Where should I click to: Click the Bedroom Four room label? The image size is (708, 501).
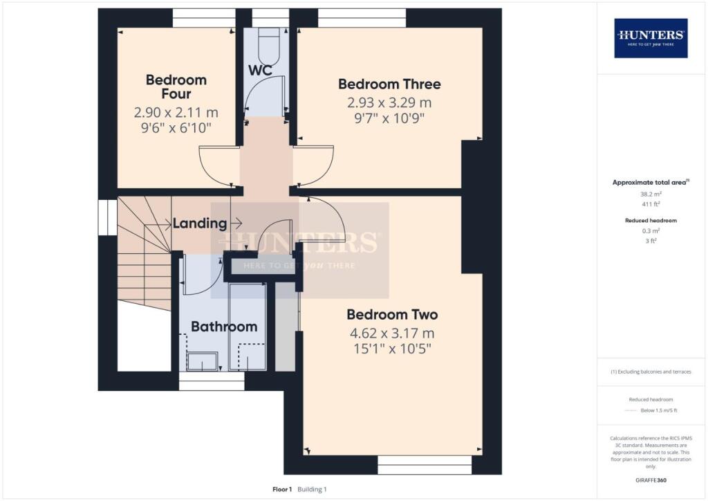tap(176, 86)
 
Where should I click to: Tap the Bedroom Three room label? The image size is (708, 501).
tap(389, 84)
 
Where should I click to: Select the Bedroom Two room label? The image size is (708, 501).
tap(392, 314)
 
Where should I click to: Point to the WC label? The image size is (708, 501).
tap(260, 71)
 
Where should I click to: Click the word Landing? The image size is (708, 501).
tap(199, 224)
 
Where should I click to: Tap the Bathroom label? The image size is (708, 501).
tap(224, 327)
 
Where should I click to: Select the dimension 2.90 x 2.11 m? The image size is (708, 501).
tap(176, 112)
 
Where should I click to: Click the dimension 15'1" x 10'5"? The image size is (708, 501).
tap(392, 349)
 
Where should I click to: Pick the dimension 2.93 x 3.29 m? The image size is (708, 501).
tap(389, 102)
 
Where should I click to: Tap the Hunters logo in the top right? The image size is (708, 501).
tap(651, 37)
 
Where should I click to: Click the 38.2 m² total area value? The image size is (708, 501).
tap(651, 194)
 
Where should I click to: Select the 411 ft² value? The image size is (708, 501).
tap(651, 204)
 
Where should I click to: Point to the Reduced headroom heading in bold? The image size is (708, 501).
tap(651, 220)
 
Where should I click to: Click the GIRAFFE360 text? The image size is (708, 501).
tap(651, 480)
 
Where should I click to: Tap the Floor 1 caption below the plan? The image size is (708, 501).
tap(282, 489)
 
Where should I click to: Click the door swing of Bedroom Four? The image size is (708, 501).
tap(216, 166)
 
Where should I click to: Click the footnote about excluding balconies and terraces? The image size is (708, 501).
tap(651, 372)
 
